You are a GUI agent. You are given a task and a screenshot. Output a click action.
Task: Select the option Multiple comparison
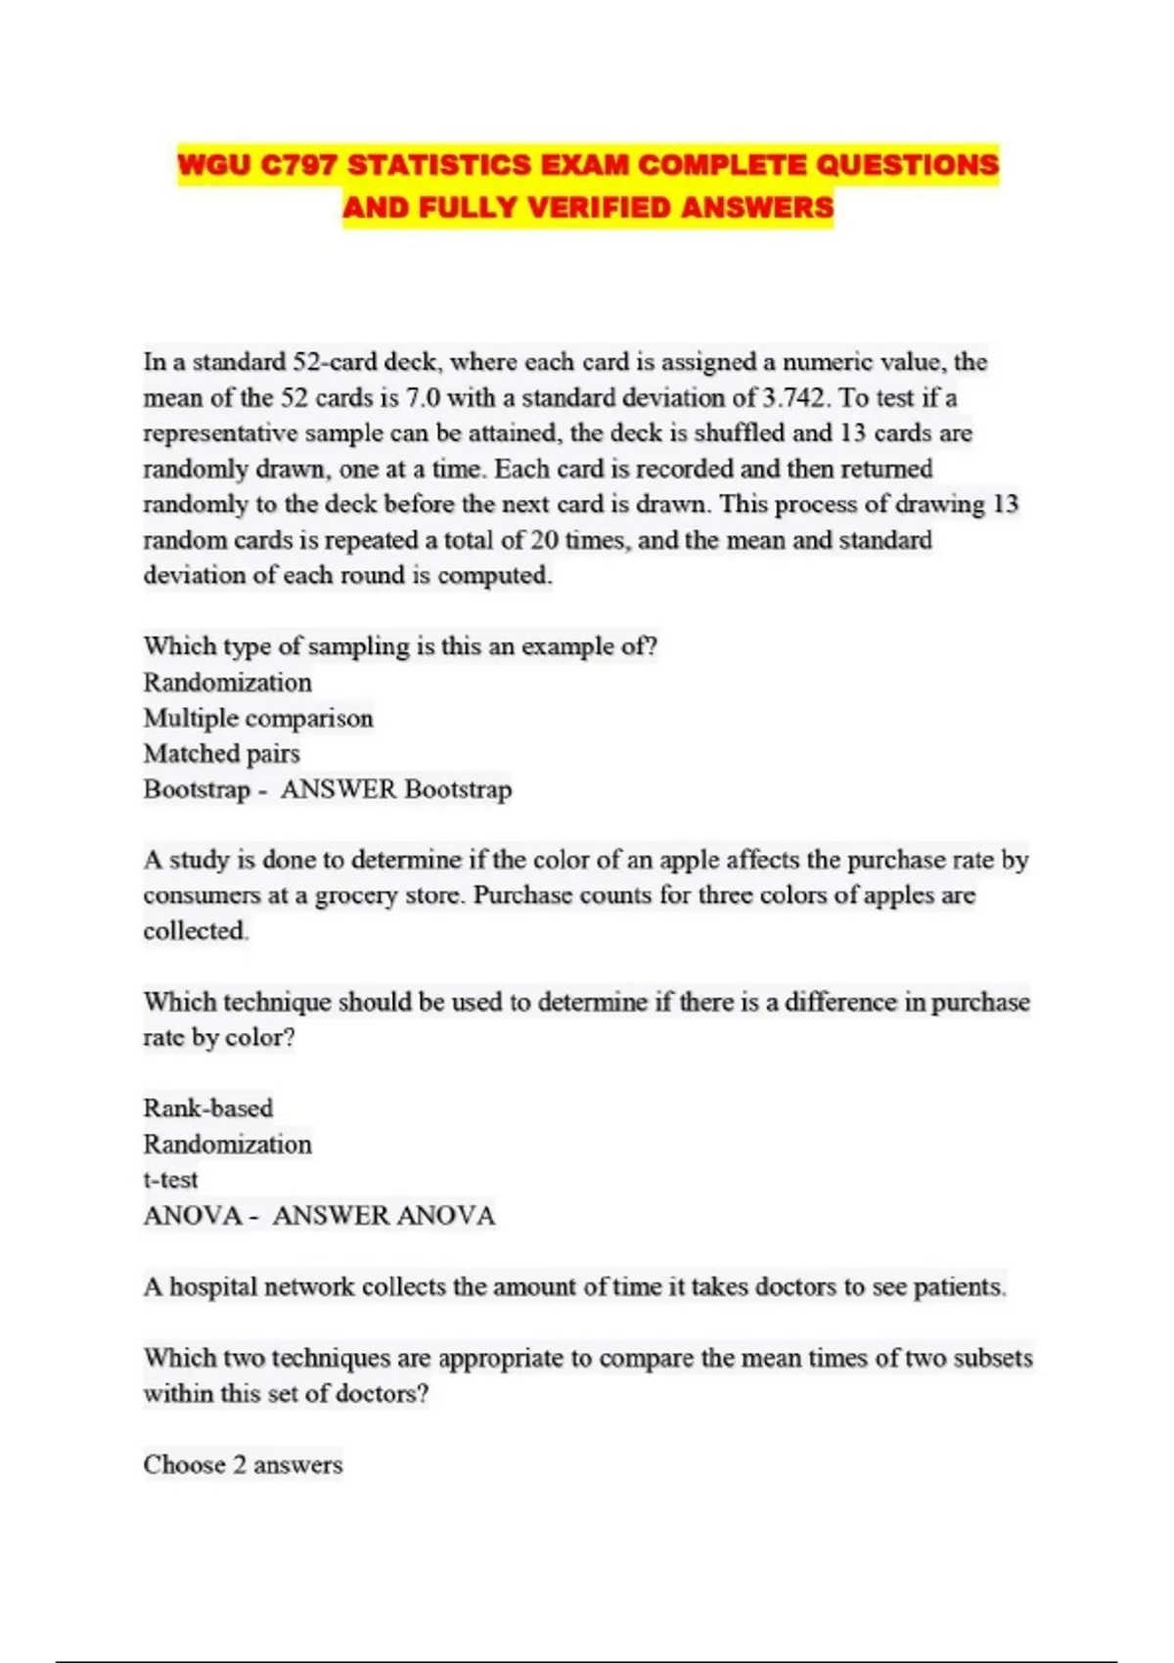[x=258, y=718]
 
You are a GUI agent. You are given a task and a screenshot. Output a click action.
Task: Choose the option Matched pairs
[x=221, y=753]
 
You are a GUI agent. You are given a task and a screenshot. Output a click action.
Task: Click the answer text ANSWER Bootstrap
[x=396, y=789]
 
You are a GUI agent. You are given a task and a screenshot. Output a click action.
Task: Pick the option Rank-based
[x=208, y=1108]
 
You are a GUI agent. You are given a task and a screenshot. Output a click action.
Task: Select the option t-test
[x=170, y=1180]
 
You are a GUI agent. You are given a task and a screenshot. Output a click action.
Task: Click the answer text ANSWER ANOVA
[x=384, y=1216]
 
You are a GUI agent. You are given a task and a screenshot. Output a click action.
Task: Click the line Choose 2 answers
[x=243, y=1464]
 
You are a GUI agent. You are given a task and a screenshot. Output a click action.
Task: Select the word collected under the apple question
[x=195, y=931]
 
